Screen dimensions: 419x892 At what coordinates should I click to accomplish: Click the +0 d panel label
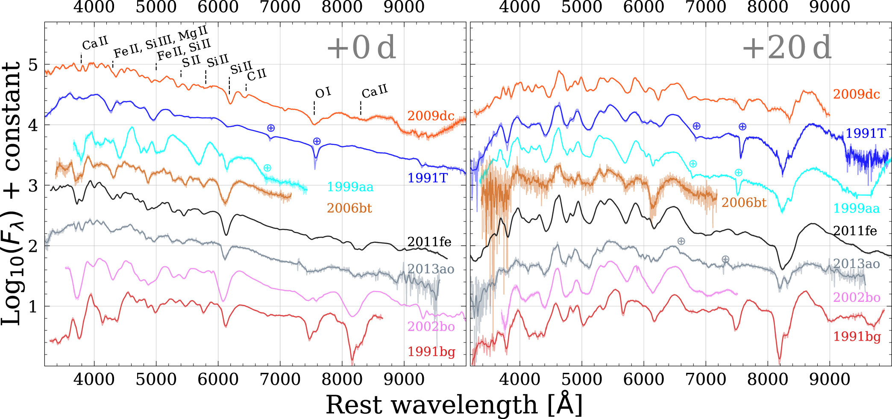point(361,47)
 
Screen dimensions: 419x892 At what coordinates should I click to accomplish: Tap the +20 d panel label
point(787,47)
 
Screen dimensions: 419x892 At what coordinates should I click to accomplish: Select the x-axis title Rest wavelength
point(454,404)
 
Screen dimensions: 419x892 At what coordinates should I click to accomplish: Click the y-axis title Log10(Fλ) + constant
point(12,193)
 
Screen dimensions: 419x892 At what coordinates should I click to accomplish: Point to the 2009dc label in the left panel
point(431,116)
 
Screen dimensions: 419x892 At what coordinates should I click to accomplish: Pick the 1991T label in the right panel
point(866,133)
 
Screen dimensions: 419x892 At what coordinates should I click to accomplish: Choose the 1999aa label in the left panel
point(350,187)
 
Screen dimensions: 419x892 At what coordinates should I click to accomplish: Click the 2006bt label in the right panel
point(744,202)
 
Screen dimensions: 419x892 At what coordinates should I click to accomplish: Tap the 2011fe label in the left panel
point(429,242)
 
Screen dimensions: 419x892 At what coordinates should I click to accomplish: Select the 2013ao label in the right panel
point(857,264)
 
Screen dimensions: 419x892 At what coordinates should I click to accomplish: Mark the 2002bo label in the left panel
point(431,327)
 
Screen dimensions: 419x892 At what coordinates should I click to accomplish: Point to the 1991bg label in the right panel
point(857,337)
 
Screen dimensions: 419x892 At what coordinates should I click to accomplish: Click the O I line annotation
point(323,93)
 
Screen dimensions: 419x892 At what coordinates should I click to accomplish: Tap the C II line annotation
point(257,75)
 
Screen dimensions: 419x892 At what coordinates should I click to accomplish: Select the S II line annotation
point(191,61)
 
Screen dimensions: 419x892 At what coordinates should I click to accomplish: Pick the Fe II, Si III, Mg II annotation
point(160,41)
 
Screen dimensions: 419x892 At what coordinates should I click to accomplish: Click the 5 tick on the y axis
point(33,65)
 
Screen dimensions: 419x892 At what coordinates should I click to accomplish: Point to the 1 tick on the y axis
point(33,307)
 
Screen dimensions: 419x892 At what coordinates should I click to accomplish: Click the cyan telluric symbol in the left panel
point(267,168)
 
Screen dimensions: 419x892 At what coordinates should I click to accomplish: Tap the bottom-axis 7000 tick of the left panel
point(280,379)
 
